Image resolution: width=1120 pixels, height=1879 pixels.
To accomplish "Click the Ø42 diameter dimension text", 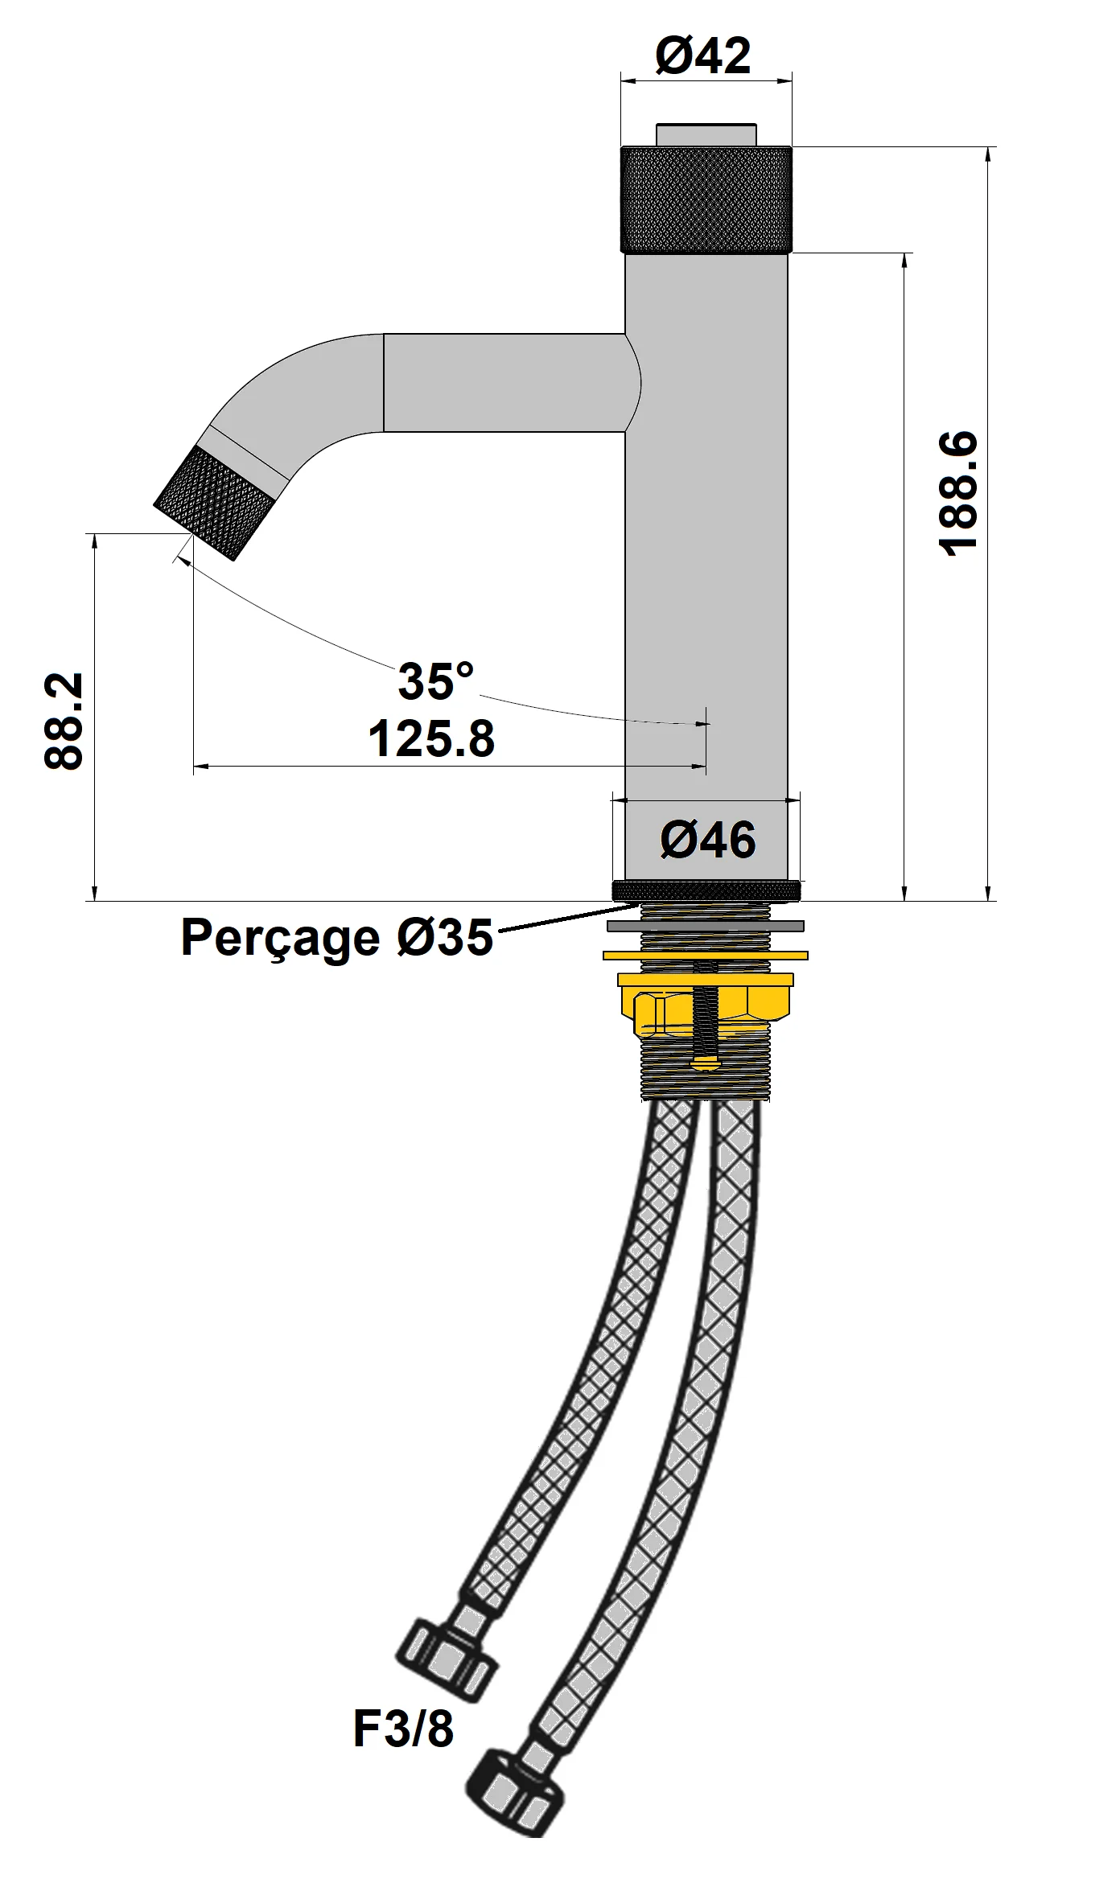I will point(703,56).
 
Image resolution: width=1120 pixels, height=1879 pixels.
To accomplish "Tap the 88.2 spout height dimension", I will point(64,722).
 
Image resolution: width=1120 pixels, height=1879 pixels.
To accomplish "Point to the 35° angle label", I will point(435,681).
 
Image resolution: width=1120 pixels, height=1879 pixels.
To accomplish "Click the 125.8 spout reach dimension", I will point(431,738).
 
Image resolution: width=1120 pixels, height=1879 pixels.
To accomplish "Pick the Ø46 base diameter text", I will point(708,840).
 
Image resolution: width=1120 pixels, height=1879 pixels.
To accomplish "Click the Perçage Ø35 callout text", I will point(336,937).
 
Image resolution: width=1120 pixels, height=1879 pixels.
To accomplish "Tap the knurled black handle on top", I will point(706,199).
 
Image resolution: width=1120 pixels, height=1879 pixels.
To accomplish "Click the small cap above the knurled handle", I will point(706,134).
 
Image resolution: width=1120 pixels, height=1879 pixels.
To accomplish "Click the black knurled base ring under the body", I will point(706,890).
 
